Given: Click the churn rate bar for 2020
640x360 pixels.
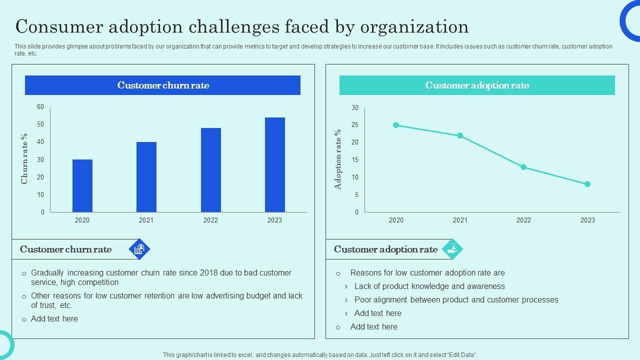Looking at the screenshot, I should (82, 186).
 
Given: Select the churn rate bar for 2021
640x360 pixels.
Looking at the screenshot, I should (146, 177).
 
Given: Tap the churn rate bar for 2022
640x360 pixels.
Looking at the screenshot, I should (210, 170).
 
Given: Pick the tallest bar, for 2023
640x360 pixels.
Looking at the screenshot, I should (274, 165).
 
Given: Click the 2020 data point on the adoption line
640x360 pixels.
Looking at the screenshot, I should (396, 125).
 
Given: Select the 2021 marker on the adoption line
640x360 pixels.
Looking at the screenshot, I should (460, 135).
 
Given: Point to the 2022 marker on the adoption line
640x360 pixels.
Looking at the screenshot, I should (523, 167).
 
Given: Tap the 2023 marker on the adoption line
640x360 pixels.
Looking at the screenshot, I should (587, 184).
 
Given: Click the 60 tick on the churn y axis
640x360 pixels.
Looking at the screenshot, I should (40, 107).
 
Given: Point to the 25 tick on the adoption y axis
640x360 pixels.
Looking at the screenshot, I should (355, 125).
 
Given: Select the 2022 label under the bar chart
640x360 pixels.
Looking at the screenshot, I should (210, 220).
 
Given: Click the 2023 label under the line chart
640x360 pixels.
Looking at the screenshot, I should (587, 220).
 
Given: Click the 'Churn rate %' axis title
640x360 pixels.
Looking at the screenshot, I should (24, 158).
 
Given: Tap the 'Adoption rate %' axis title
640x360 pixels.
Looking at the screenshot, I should (338, 159).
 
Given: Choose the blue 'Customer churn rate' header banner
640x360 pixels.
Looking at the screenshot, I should (162, 85).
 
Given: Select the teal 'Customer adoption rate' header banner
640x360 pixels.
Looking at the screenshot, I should (477, 85).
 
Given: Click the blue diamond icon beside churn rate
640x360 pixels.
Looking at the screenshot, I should (139, 249).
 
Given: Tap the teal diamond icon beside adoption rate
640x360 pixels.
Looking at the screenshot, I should (453, 249).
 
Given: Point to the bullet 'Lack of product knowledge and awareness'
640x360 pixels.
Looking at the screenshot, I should (429, 286).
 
